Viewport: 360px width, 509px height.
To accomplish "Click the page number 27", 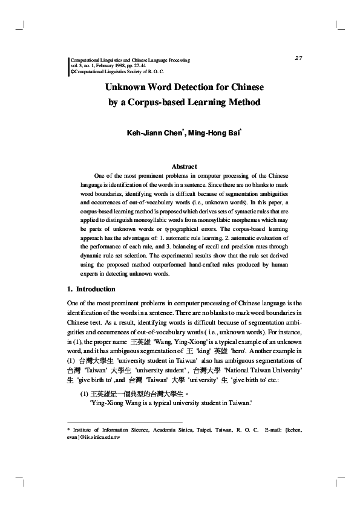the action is click(298, 57).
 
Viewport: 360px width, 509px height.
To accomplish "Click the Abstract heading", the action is click(185, 166).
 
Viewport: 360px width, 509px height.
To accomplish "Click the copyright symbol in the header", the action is click(73, 71).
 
